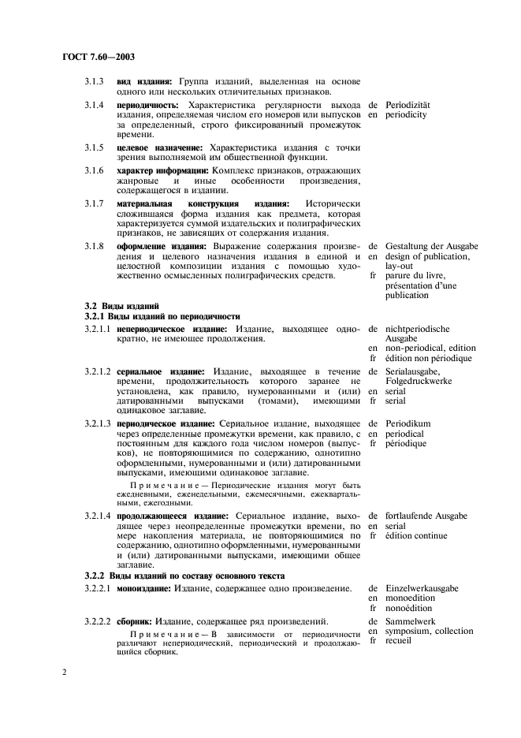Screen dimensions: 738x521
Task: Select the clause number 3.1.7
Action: click(95, 203)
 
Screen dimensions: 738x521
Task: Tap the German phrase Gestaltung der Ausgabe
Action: click(431, 247)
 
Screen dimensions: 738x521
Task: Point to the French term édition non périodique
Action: click(428, 358)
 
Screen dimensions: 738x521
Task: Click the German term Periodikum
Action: click(408, 423)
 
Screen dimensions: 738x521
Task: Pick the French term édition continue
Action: click(416, 535)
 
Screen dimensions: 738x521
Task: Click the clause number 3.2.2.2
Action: click(98, 621)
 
